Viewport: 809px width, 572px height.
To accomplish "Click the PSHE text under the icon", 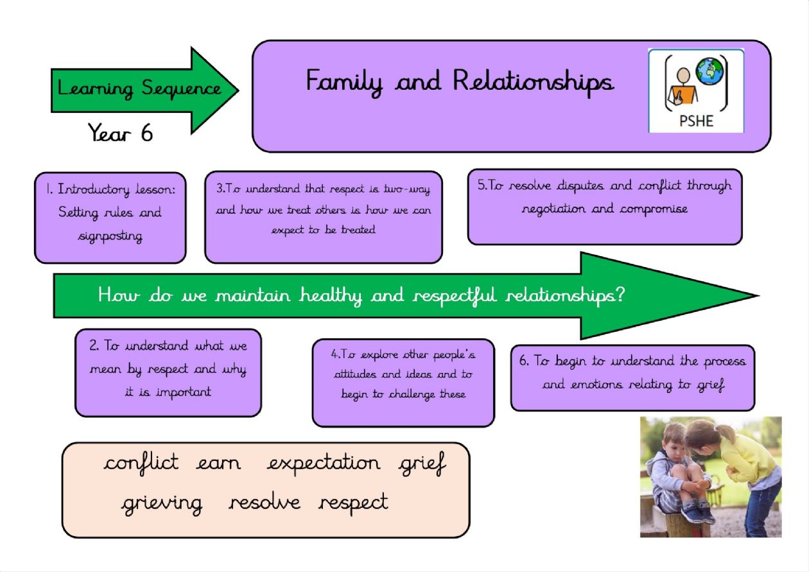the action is tap(696, 121).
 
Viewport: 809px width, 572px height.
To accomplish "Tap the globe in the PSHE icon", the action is tap(709, 71).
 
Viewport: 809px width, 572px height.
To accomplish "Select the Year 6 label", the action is tap(120, 132).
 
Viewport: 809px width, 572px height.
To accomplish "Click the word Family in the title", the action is tap(344, 82).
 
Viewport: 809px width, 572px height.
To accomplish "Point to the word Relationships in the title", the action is tap(533, 82).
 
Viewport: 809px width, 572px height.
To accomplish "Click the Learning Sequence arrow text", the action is tap(139, 89).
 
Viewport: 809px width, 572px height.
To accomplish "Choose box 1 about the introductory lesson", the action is tap(110, 218).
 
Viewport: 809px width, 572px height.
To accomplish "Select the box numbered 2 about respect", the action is tap(168, 372).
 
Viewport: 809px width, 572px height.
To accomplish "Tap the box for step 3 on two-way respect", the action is tap(324, 217).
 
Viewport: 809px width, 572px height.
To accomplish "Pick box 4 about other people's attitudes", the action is tap(403, 383).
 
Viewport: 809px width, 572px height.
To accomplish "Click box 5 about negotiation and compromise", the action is tap(605, 207).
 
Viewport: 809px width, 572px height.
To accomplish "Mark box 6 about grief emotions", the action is tap(633, 377).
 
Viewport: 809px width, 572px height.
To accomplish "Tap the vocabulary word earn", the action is tap(218, 464).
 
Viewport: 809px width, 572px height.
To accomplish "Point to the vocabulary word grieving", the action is tap(162, 504).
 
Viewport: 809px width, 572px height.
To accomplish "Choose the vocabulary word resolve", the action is tap(265, 501).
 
